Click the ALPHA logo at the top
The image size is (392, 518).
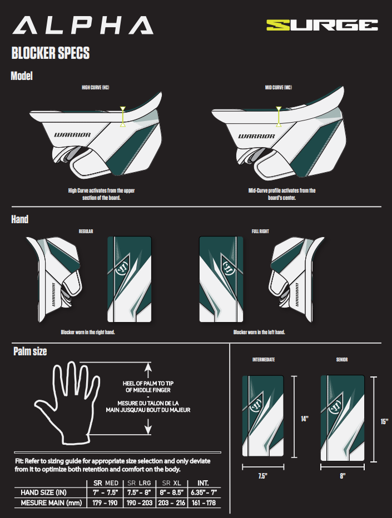tap(83, 25)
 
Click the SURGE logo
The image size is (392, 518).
tap(322, 25)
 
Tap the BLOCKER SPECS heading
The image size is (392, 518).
tap(50, 53)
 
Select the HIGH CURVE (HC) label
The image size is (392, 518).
tap(95, 88)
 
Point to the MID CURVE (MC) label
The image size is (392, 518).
tap(279, 88)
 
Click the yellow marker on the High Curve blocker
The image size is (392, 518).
tap(123, 116)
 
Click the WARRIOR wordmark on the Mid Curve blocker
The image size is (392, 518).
tap(257, 136)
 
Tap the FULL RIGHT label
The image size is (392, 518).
tap(260, 232)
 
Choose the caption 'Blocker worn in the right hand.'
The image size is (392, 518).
tap(88, 332)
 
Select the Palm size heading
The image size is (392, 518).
tap(30, 351)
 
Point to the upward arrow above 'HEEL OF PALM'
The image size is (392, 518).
tap(148, 370)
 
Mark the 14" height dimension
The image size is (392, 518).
tap(304, 419)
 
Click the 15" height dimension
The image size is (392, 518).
tap(384, 421)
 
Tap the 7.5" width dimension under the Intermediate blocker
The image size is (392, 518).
tap(262, 476)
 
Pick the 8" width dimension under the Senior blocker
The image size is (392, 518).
tap(343, 476)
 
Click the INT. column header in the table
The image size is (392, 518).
tap(203, 483)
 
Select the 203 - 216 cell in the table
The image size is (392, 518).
tap(171, 503)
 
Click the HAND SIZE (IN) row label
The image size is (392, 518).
tap(43, 492)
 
